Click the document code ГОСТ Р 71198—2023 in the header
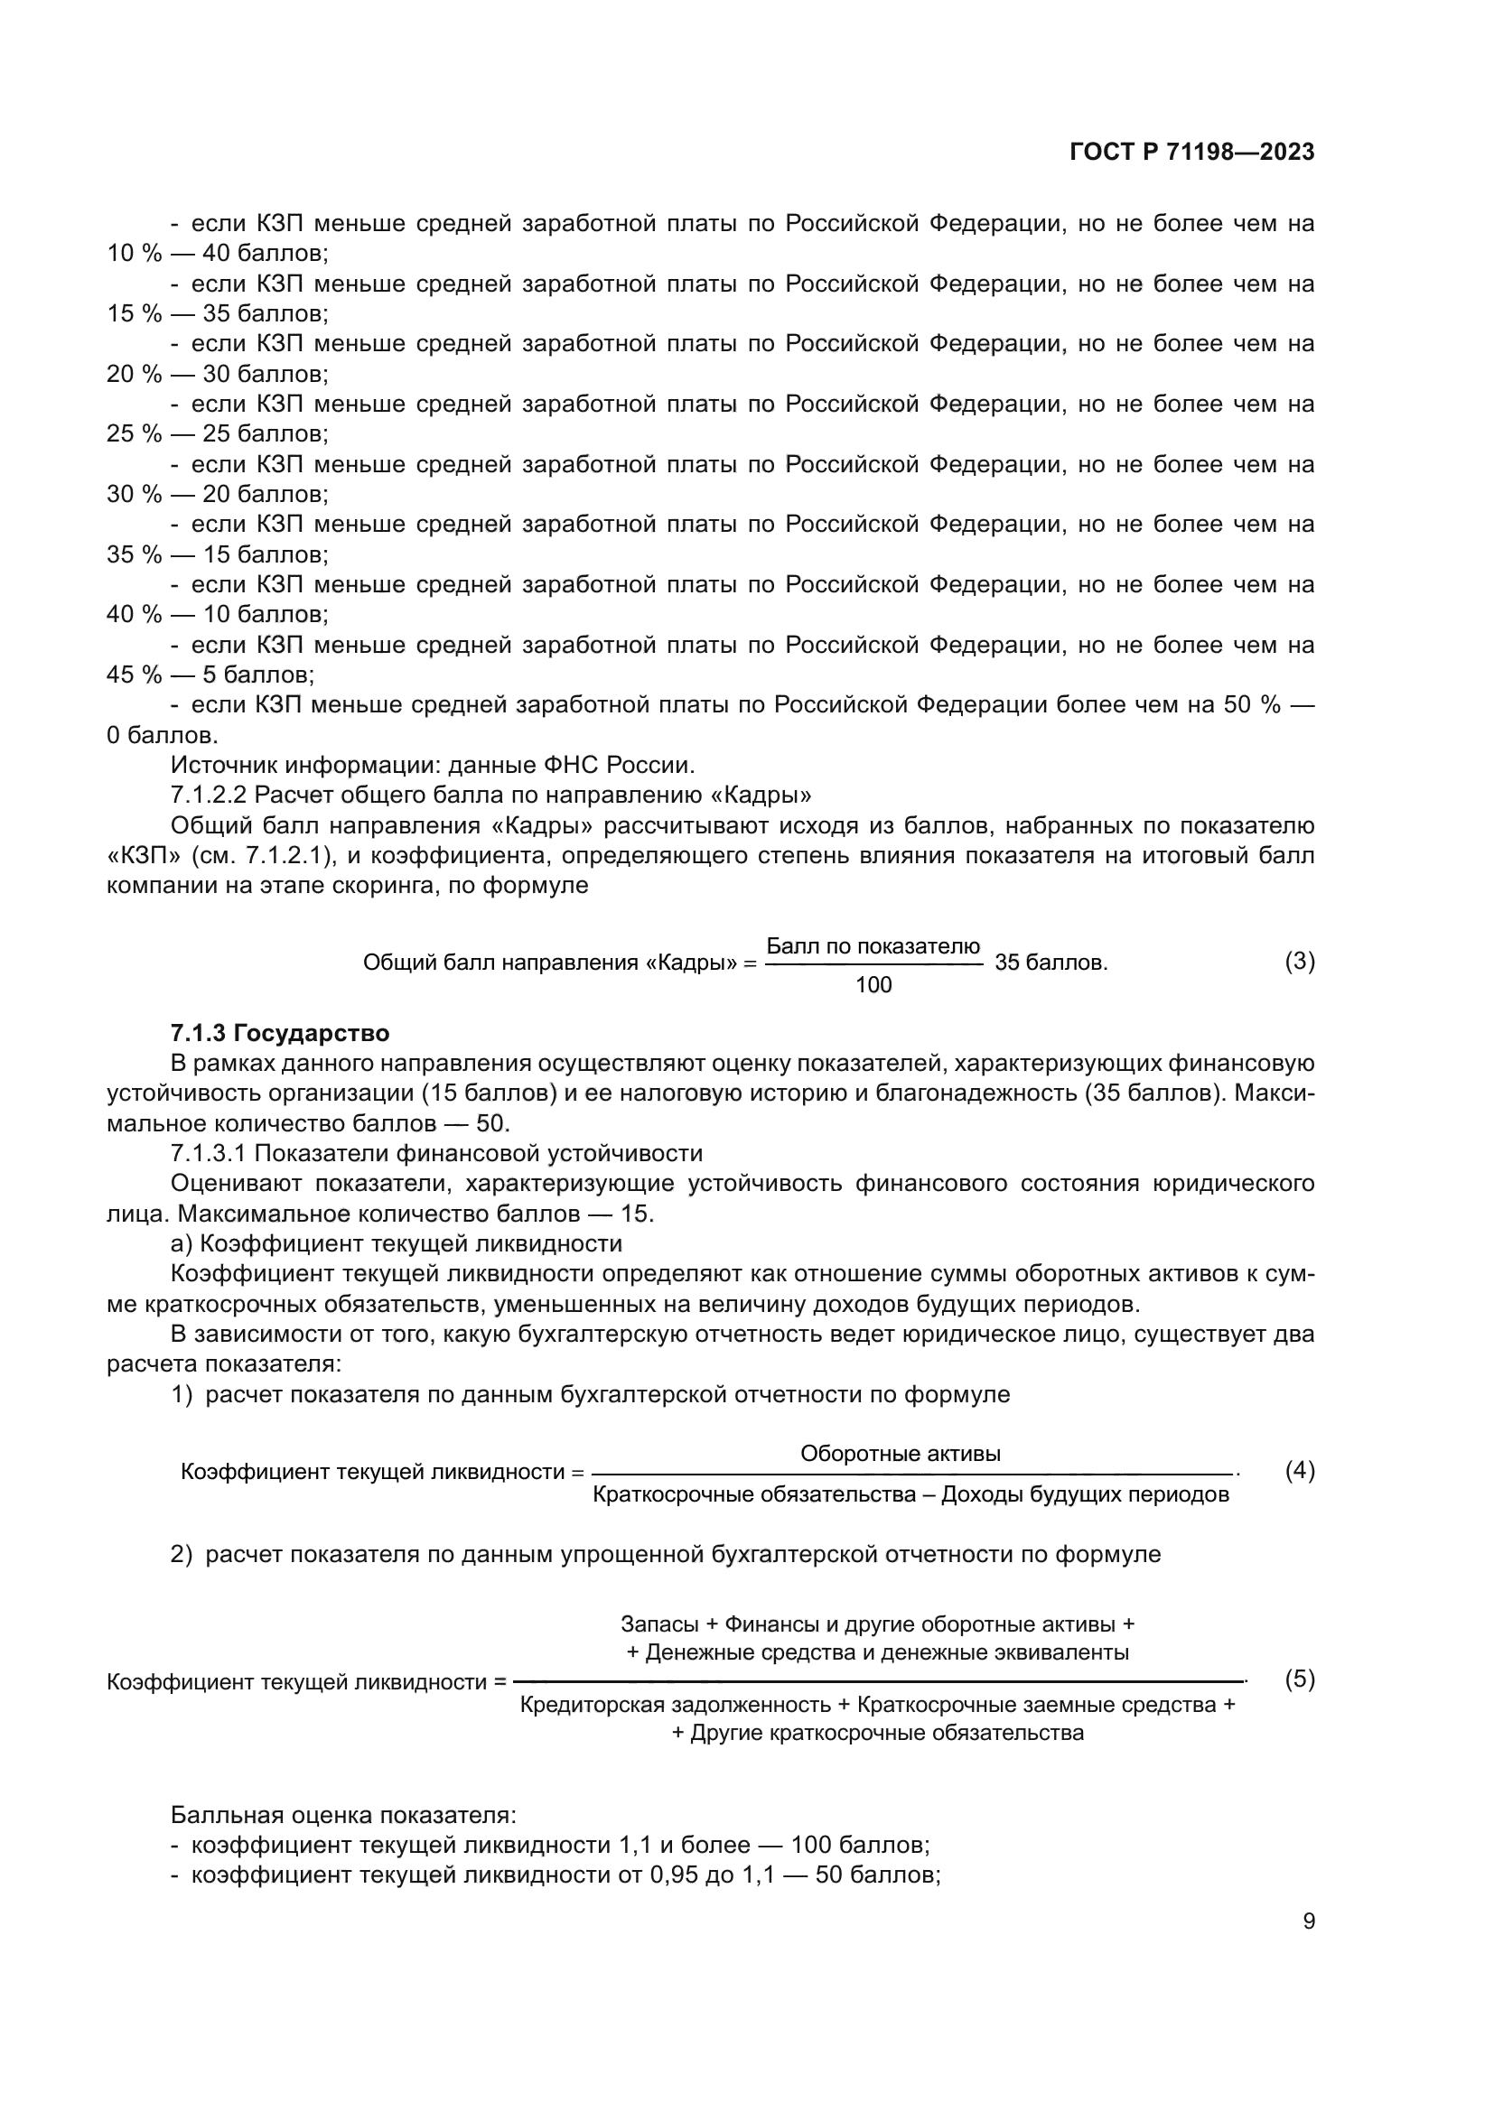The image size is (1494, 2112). (1191, 153)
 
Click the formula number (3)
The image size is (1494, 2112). (1299, 962)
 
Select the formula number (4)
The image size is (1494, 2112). (1299, 1470)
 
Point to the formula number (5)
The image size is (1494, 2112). (1299, 1679)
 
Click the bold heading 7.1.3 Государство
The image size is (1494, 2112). (280, 1033)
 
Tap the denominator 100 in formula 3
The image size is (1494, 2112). (873, 985)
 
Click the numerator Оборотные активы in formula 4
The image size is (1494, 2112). (900, 1454)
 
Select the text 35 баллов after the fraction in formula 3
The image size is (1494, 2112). (1050, 963)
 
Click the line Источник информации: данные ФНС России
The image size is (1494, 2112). (433, 766)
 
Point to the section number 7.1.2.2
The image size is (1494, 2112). (209, 795)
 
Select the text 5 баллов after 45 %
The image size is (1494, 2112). (257, 675)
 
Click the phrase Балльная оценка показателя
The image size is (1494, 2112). (342, 1816)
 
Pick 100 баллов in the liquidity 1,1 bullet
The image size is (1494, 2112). (860, 1846)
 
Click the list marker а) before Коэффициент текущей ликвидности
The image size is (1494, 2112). (181, 1243)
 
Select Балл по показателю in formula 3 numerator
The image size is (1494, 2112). (873, 946)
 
